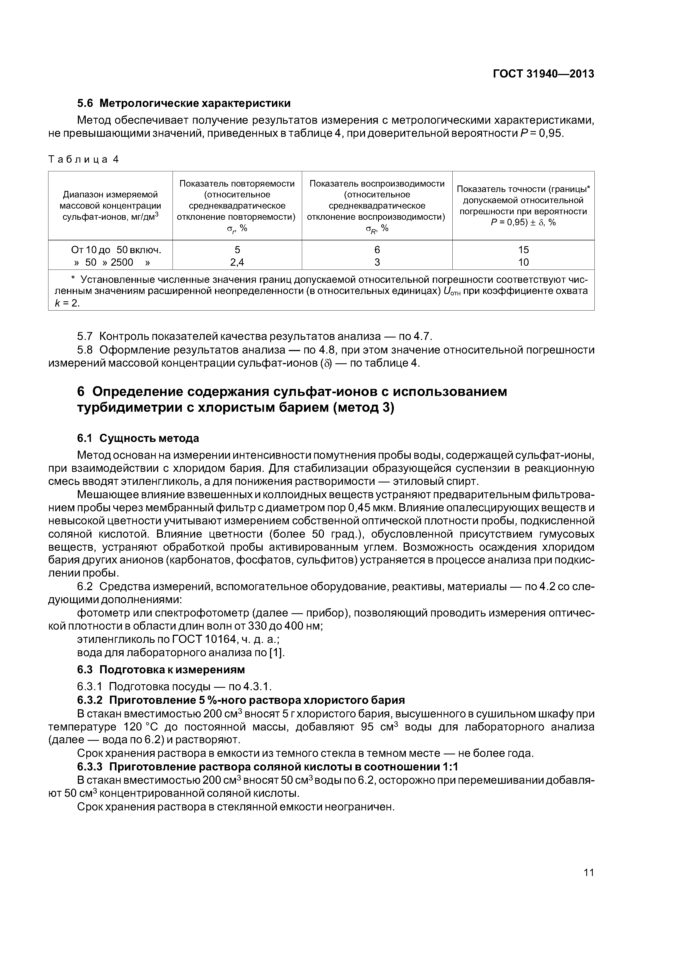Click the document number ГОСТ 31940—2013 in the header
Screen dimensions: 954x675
coord(543,74)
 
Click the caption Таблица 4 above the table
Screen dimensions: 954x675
coord(84,160)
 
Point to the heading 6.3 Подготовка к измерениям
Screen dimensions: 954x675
coord(161,670)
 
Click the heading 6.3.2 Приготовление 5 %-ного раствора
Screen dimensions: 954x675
coord(241,700)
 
